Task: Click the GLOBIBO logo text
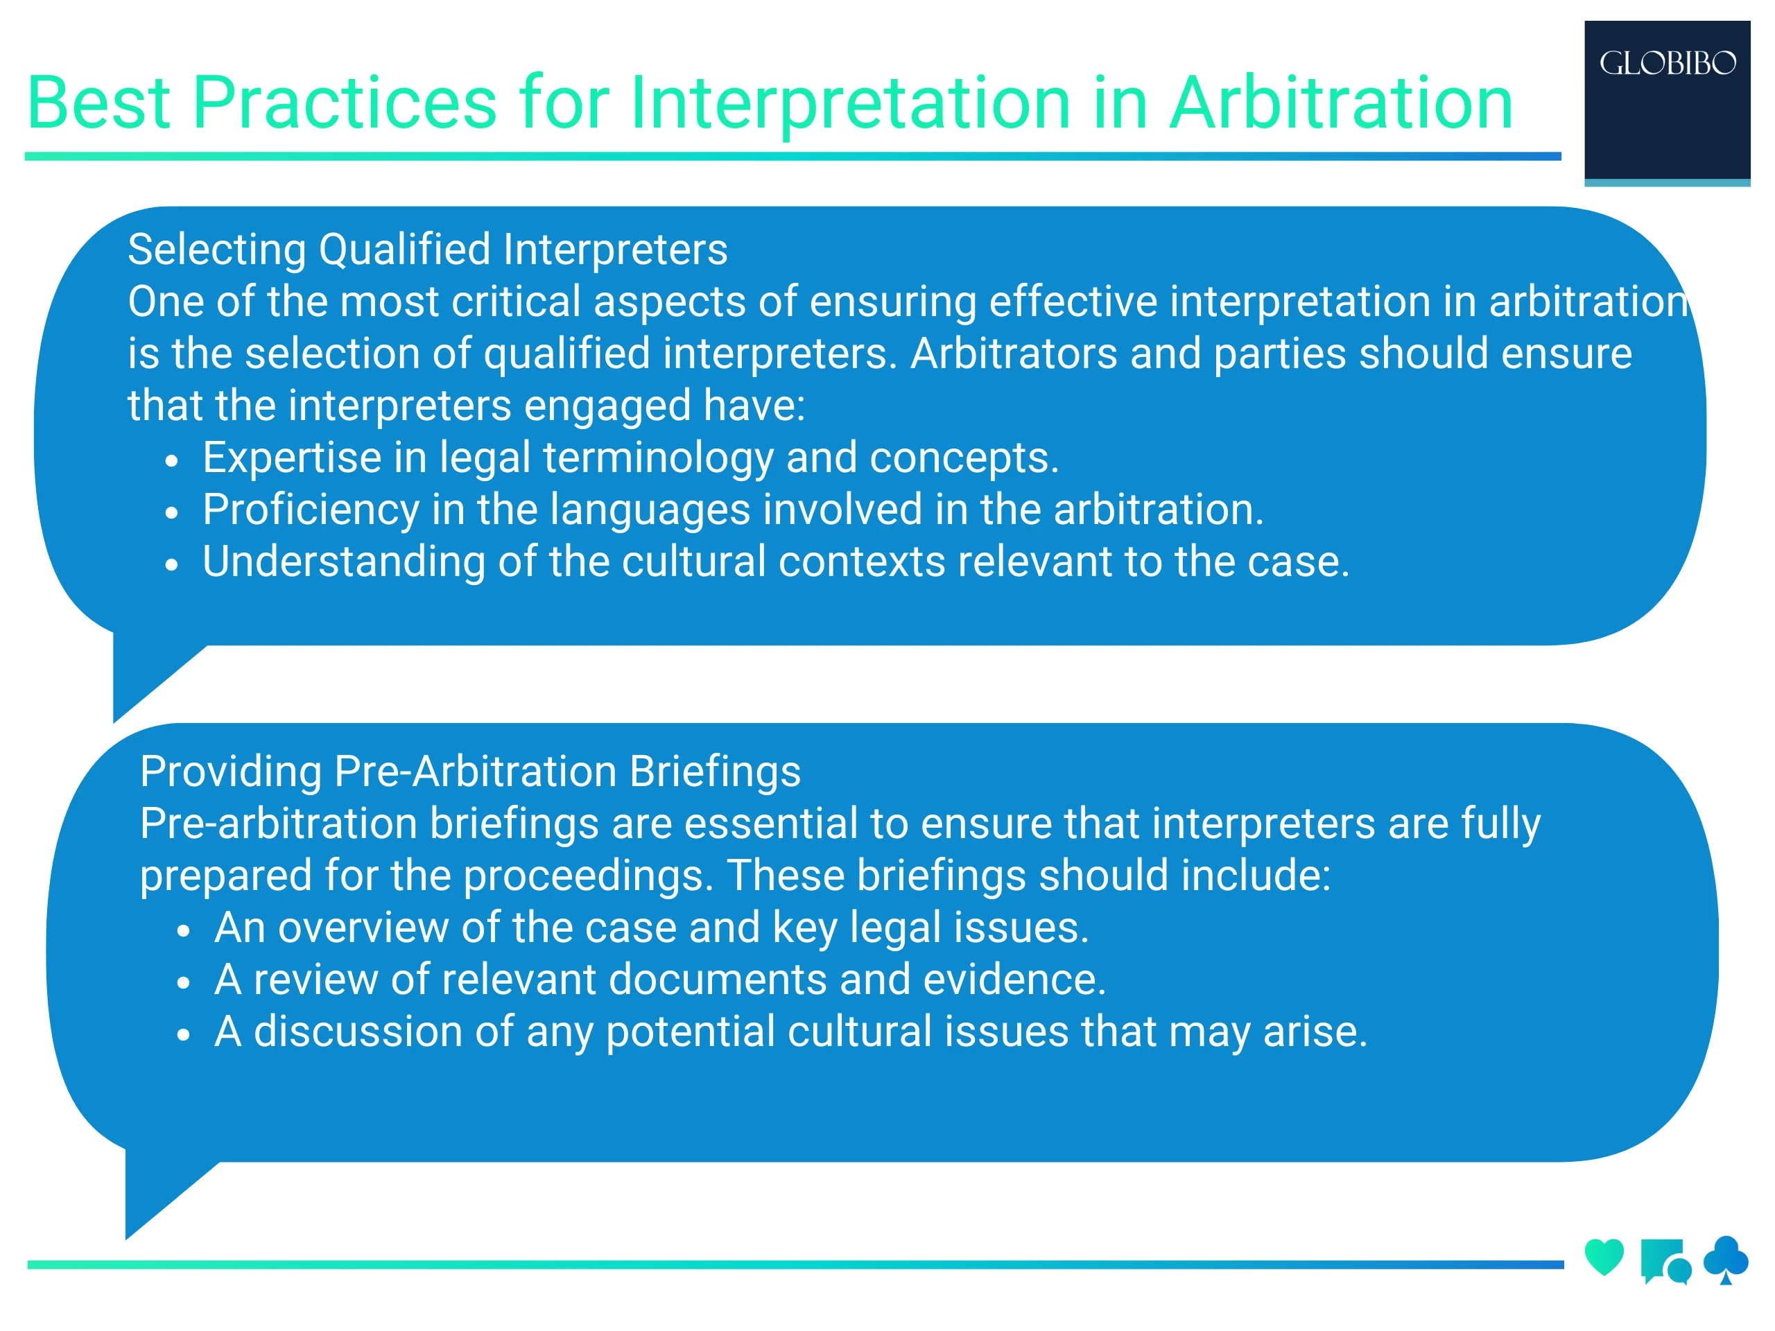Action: (x=1667, y=63)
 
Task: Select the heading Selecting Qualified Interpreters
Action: (x=427, y=250)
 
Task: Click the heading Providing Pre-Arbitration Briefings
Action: (x=469, y=772)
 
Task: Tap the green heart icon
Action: (x=1603, y=1256)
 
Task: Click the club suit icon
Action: (x=1725, y=1258)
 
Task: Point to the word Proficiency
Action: (x=311, y=510)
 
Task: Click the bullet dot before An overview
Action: (x=184, y=930)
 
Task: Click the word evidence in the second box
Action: (x=1014, y=980)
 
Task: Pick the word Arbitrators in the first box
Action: (x=1014, y=354)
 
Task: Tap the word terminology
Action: (x=658, y=458)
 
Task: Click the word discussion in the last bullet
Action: (x=358, y=1032)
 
